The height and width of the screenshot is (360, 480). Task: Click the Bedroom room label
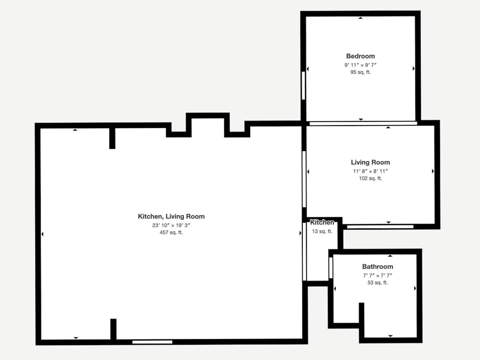tap(360, 56)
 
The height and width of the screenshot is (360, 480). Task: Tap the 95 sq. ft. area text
tap(360, 72)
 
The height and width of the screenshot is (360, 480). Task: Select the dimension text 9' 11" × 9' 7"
tap(360, 65)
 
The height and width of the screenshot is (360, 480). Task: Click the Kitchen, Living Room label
tap(171, 216)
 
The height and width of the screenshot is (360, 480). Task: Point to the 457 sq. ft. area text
tap(171, 232)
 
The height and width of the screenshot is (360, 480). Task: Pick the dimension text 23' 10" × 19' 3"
tap(171, 225)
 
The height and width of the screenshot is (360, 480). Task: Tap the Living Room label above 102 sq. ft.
tap(370, 162)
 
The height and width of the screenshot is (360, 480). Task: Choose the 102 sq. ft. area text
tap(370, 178)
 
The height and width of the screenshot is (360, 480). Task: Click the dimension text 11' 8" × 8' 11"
tap(370, 171)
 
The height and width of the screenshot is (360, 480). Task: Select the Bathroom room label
tap(377, 267)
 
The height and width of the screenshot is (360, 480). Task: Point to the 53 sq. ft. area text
tap(377, 283)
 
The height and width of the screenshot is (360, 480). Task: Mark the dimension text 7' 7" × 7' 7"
tap(377, 276)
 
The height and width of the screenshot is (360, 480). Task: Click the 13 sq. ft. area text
tap(322, 231)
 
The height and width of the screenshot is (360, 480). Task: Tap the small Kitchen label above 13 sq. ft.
tap(322, 222)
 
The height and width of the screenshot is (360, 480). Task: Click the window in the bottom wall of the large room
tap(152, 342)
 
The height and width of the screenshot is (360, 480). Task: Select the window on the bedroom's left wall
tap(303, 85)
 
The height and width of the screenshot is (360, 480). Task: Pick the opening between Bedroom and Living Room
tap(363, 123)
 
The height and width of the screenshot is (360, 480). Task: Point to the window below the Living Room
tap(380, 227)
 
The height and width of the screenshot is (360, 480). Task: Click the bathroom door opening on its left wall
tap(331, 268)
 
